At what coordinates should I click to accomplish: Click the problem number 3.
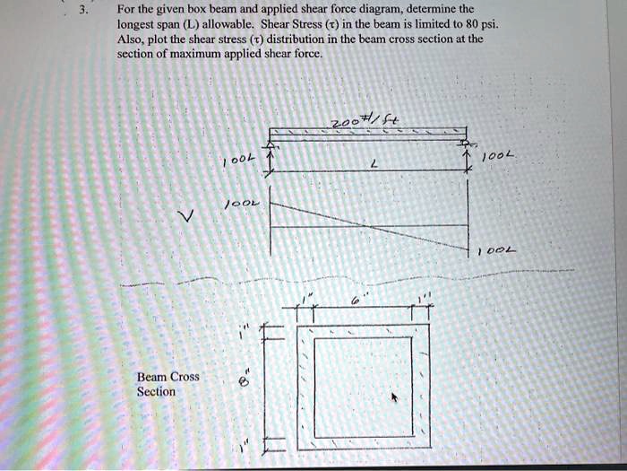[82, 12]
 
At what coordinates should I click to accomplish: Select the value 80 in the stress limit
[485, 26]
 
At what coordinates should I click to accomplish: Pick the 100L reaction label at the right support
[496, 157]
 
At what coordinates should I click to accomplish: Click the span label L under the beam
[357, 165]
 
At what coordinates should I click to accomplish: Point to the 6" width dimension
[356, 304]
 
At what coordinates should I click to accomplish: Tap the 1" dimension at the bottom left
[241, 442]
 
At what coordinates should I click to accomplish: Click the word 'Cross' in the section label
[185, 377]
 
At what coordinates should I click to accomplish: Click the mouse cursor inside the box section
[392, 397]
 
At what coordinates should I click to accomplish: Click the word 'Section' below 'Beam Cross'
[156, 391]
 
